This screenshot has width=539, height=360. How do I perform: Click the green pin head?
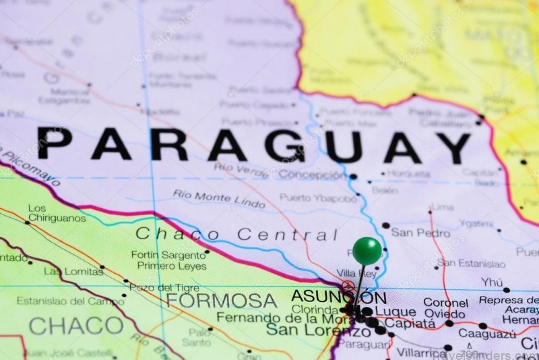[x=367, y=250]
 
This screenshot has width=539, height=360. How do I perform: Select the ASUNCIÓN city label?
[x=338, y=297]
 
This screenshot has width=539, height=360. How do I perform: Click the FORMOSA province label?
[x=222, y=301]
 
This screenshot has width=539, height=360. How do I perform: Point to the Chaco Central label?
[x=236, y=235]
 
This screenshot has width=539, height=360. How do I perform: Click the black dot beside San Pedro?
[x=385, y=226]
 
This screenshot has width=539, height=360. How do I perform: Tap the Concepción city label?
[x=312, y=175]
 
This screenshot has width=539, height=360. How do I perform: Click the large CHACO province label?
[x=75, y=326]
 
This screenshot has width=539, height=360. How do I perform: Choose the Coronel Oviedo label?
[x=445, y=309]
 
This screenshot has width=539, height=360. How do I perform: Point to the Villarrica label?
[x=421, y=352]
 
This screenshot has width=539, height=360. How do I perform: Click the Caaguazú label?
[x=487, y=333]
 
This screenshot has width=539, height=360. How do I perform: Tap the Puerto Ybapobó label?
[x=317, y=198]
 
